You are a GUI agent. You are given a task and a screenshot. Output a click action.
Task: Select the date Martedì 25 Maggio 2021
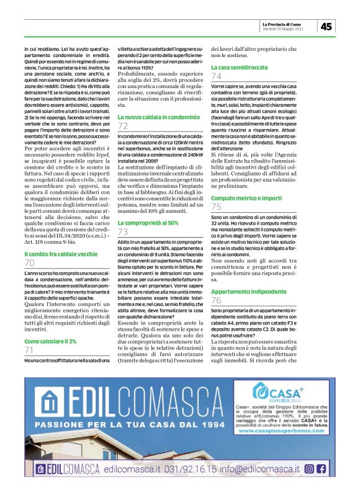click(283, 29)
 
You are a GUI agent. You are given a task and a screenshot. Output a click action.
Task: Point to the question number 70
click(30, 264)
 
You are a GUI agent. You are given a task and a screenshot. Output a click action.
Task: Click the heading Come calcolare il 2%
click(50, 341)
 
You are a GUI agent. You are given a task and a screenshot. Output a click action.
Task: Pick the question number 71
click(29, 351)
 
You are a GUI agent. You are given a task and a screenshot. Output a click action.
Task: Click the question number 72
click(123, 127)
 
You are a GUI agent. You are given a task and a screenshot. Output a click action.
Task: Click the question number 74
click(217, 76)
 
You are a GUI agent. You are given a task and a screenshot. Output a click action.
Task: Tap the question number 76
click(217, 301)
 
